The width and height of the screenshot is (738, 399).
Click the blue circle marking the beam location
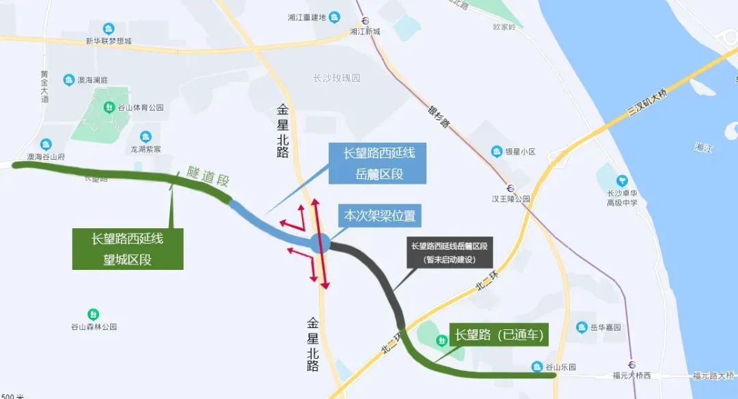pyautogui.click(x=320, y=243)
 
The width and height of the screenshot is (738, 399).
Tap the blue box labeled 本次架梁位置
pyautogui.click(x=379, y=216)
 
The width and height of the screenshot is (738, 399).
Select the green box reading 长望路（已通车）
pyautogui.click(x=499, y=335)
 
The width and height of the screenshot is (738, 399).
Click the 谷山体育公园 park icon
pyautogui.click(x=109, y=107)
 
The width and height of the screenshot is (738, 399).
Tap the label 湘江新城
pyautogui.click(x=364, y=31)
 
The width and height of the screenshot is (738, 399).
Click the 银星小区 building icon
pyautogui.click(x=497, y=151)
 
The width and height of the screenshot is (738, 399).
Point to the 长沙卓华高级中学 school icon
pyautogui.click(x=622, y=181)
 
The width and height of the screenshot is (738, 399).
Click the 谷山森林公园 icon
pyautogui.click(x=94, y=314)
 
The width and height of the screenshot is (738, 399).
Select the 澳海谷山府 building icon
pyautogui.click(x=46, y=144)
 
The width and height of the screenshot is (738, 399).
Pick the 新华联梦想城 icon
pyautogui.click(x=109, y=29)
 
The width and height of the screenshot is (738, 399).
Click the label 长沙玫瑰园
pyautogui.click(x=336, y=78)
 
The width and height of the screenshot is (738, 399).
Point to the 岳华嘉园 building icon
pyautogui.click(x=582, y=327)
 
